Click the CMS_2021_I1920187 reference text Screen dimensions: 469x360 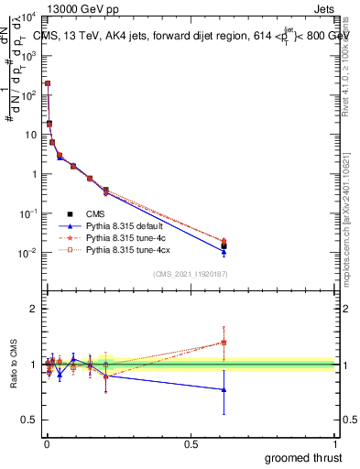point(191,273)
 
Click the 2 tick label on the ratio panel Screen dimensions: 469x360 point(34,309)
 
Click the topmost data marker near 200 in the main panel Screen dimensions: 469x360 point(48,83)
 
